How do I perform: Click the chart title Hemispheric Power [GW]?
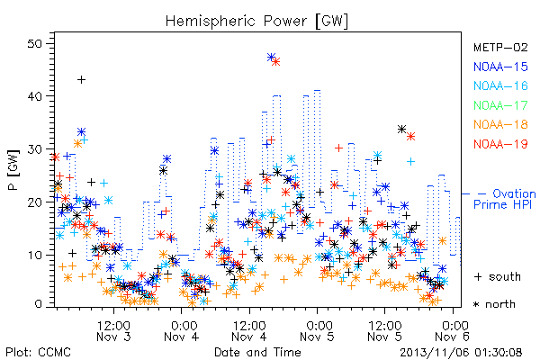(256, 22)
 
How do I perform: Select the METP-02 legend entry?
(500, 47)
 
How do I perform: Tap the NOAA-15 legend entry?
(500, 67)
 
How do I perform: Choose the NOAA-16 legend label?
(500, 85)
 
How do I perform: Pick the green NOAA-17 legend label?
(500, 105)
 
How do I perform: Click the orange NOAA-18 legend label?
(500, 124)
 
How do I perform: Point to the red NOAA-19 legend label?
(500, 144)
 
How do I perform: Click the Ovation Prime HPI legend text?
(505, 199)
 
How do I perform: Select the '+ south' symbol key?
(498, 276)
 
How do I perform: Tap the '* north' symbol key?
(494, 304)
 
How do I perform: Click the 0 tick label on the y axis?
(38, 304)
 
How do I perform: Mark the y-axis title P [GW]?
(13, 170)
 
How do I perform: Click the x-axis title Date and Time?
(257, 352)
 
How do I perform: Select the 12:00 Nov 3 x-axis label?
(113, 330)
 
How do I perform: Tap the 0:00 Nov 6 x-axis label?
(452, 330)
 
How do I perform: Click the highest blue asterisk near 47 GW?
(271, 58)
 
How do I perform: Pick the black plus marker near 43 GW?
(81, 80)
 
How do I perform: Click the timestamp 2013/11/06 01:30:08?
(461, 353)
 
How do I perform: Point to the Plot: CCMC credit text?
(38, 353)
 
